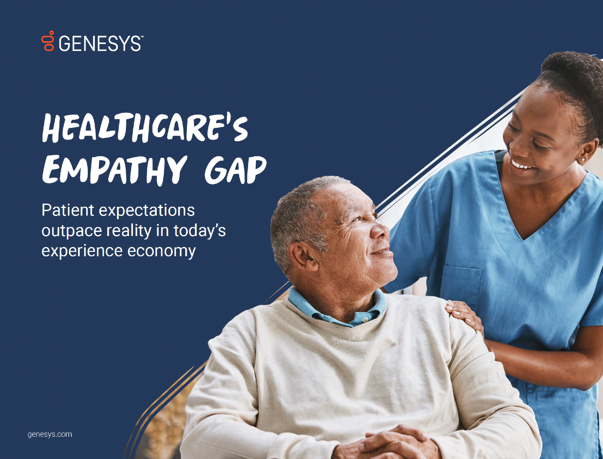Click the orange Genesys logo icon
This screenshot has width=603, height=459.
[48, 41]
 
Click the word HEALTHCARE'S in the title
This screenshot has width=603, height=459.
[145, 128]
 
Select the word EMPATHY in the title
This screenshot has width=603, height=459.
[114, 170]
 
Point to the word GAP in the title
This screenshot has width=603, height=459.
[235, 170]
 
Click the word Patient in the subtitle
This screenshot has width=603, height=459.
[67, 210]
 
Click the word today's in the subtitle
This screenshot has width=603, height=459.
[199, 231]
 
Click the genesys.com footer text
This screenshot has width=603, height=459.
[50, 434]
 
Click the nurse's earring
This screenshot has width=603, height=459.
[583, 159]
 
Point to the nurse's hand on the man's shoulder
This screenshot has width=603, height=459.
[465, 315]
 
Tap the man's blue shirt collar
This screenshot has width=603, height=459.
[337, 310]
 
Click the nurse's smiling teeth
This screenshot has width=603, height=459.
[521, 166]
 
